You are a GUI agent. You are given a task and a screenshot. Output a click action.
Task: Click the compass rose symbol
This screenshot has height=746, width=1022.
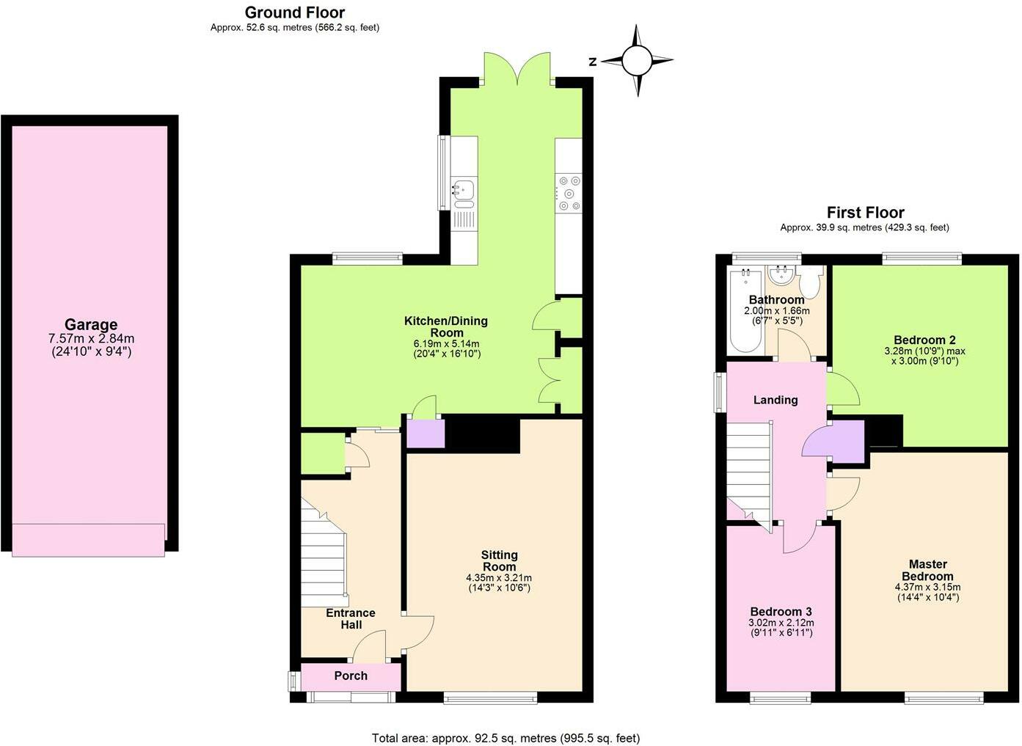637,60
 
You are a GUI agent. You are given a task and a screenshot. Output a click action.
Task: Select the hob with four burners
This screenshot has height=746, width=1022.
569,192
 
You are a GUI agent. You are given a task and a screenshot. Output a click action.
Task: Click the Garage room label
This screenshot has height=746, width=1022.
91,325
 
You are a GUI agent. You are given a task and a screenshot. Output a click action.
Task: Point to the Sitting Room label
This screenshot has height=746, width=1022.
499,561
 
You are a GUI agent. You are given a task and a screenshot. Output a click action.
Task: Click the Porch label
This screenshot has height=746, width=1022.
351,676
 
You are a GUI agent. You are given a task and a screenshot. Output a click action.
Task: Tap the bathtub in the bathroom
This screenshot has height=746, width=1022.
745,312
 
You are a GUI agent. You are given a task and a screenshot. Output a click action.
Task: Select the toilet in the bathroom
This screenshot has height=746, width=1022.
810,280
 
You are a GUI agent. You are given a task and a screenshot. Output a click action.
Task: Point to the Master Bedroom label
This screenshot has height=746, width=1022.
927,570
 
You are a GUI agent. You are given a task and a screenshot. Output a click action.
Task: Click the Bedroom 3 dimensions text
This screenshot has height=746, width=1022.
781,628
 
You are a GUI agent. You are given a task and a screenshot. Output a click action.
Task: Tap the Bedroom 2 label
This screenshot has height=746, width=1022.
924,340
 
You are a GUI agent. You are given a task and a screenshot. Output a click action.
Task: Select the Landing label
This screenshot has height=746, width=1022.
775,400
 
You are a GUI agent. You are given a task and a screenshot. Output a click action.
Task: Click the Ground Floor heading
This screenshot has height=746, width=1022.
294,12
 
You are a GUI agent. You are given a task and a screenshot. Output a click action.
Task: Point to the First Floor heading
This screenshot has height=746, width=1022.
865,213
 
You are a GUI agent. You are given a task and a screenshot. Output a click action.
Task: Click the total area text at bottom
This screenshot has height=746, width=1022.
505,738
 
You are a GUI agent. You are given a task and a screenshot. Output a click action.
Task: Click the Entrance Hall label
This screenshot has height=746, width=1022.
351,618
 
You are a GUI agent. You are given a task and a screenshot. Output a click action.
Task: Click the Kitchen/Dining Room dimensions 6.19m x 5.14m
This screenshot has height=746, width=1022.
446,343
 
